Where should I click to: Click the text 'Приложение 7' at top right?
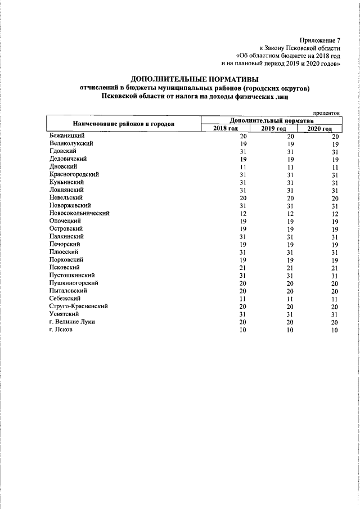click(321, 40)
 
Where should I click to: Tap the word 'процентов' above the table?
click(327, 112)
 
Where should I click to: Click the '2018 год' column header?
click(225, 129)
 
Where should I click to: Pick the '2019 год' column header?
click(273, 129)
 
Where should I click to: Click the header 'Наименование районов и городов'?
click(123, 124)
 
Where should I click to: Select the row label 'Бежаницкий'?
click(67, 136)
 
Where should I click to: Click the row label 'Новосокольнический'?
click(79, 213)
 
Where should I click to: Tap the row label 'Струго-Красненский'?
click(79, 306)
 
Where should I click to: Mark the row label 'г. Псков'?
click(61, 330)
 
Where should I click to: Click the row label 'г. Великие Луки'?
click(72, 322)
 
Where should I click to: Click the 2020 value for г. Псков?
click(335, 330)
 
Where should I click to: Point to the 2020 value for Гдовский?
click(335, 152)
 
